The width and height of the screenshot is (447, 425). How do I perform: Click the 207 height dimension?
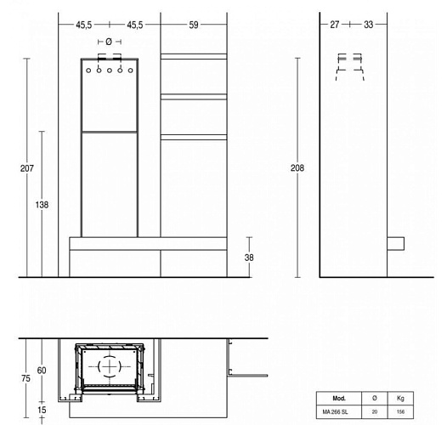pyautogui.click(x=27, y=168)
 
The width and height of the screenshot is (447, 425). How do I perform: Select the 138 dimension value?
pyautogui.click(x=42, y=205)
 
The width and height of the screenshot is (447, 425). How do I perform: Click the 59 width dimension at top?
pyautogui.click(x=194, y=25)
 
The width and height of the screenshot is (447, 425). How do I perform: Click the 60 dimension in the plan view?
pyautogui.click(x=41, y=371)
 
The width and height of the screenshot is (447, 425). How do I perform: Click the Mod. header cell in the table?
pyautogui.click(x=338, y=398)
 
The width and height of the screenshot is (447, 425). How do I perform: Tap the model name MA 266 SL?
pyautogui.click(x=338, y=412)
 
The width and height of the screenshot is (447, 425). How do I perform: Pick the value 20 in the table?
pyautogui.click(x=374, y=412)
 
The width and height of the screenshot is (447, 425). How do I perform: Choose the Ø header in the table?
pyautogui.click(x=374, y=398)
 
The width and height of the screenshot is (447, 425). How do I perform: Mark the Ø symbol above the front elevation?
pyautogui.click(x=110, y=42)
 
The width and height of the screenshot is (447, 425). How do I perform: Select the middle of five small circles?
pyautogui.click(x=110, y=71)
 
